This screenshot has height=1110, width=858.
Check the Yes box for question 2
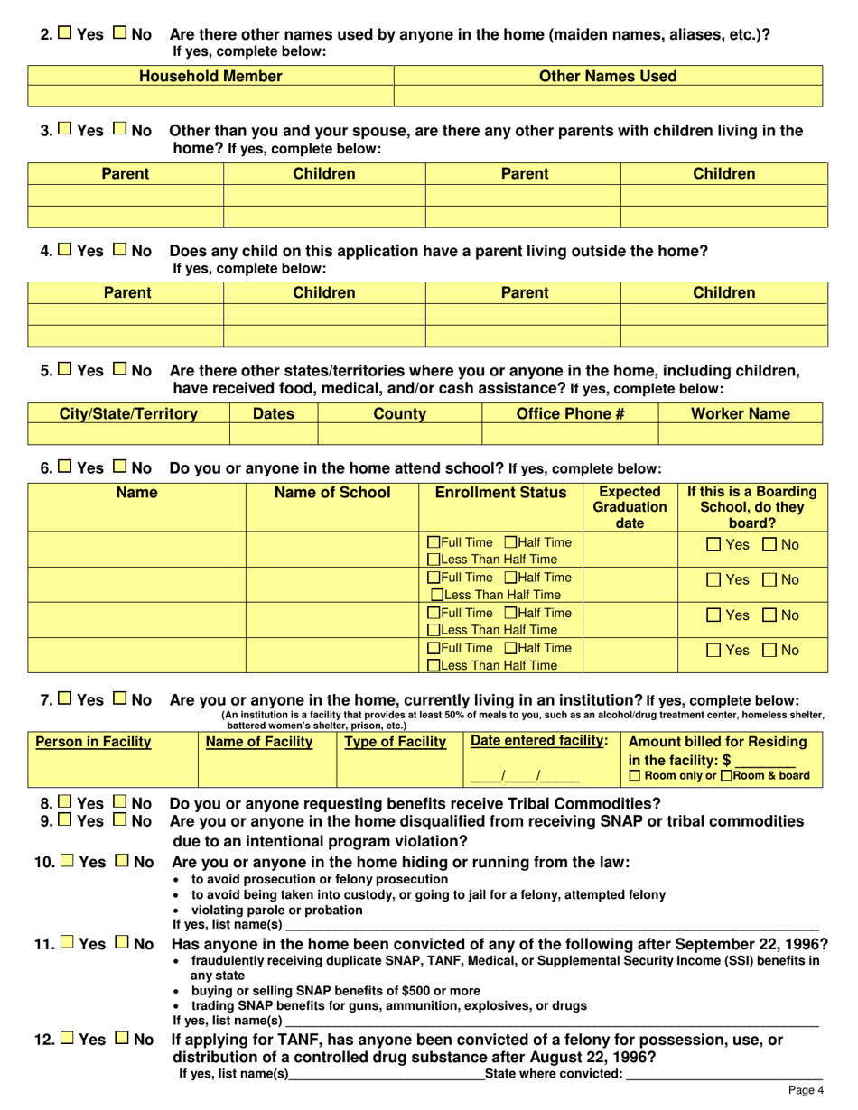tap(65, 34)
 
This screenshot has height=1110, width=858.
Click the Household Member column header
tap(210, 77)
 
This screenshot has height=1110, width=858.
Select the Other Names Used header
tap(607, 77)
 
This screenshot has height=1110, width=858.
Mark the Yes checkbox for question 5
tap(65, 370)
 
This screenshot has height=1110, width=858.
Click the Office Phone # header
tap(570, 413)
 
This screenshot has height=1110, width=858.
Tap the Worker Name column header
tap(740, 413)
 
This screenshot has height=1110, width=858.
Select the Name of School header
tap(332, 493)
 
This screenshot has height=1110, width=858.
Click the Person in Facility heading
tap(93, 742)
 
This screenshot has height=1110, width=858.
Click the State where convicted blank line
tap(723, 1074)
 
